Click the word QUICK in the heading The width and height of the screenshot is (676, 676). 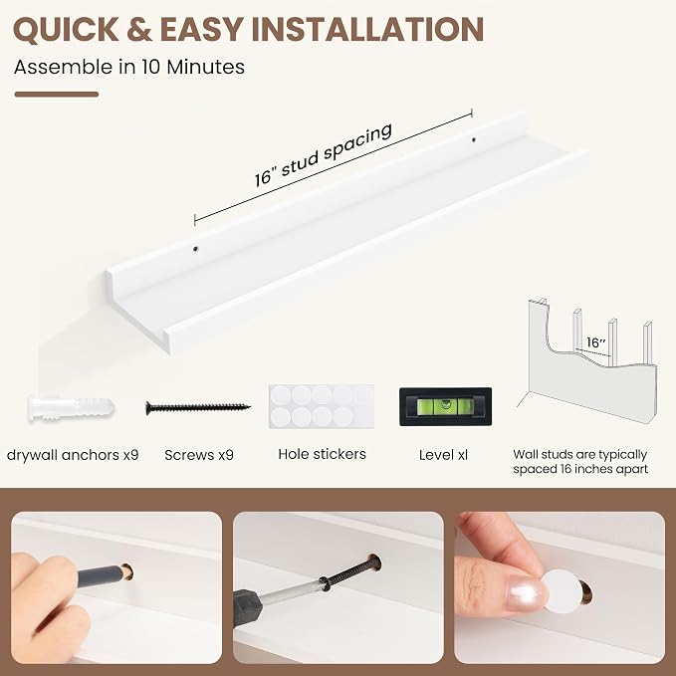(66, 29)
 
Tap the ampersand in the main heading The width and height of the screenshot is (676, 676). (139, 29)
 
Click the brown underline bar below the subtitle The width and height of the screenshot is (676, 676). (57, 95)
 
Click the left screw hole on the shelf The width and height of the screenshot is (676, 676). (196, 249)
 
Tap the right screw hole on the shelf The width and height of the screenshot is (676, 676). (473, 139)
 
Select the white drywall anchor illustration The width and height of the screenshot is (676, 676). (72, 408)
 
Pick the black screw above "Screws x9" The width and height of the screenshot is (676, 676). (198, 407)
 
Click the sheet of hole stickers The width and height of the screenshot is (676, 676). (322, 406)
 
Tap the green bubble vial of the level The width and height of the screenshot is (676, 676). (445, 406)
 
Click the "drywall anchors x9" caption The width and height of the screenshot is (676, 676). (73, 455)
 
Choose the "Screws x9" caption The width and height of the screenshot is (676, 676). (199, 455)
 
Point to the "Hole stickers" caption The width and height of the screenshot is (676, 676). (322, 454)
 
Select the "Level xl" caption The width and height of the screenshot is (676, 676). (443, 455)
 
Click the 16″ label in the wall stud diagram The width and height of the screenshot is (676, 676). (595, 342)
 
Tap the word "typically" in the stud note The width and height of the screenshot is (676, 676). (621, 455)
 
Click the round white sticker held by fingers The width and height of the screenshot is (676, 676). (563, 591)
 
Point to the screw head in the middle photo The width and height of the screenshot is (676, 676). (373, 562)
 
